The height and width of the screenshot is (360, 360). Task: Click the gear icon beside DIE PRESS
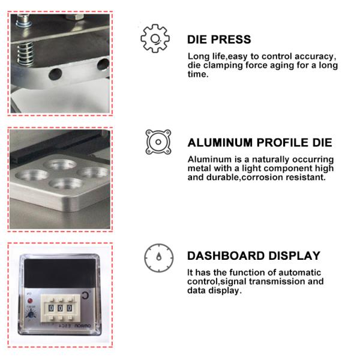pyautogui.click(x=154, y=38)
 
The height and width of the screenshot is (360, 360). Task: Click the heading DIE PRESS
pyautogui.click(x=219, y=40)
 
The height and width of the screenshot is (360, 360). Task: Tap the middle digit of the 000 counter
pyautogui.click(x=60, y=307)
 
